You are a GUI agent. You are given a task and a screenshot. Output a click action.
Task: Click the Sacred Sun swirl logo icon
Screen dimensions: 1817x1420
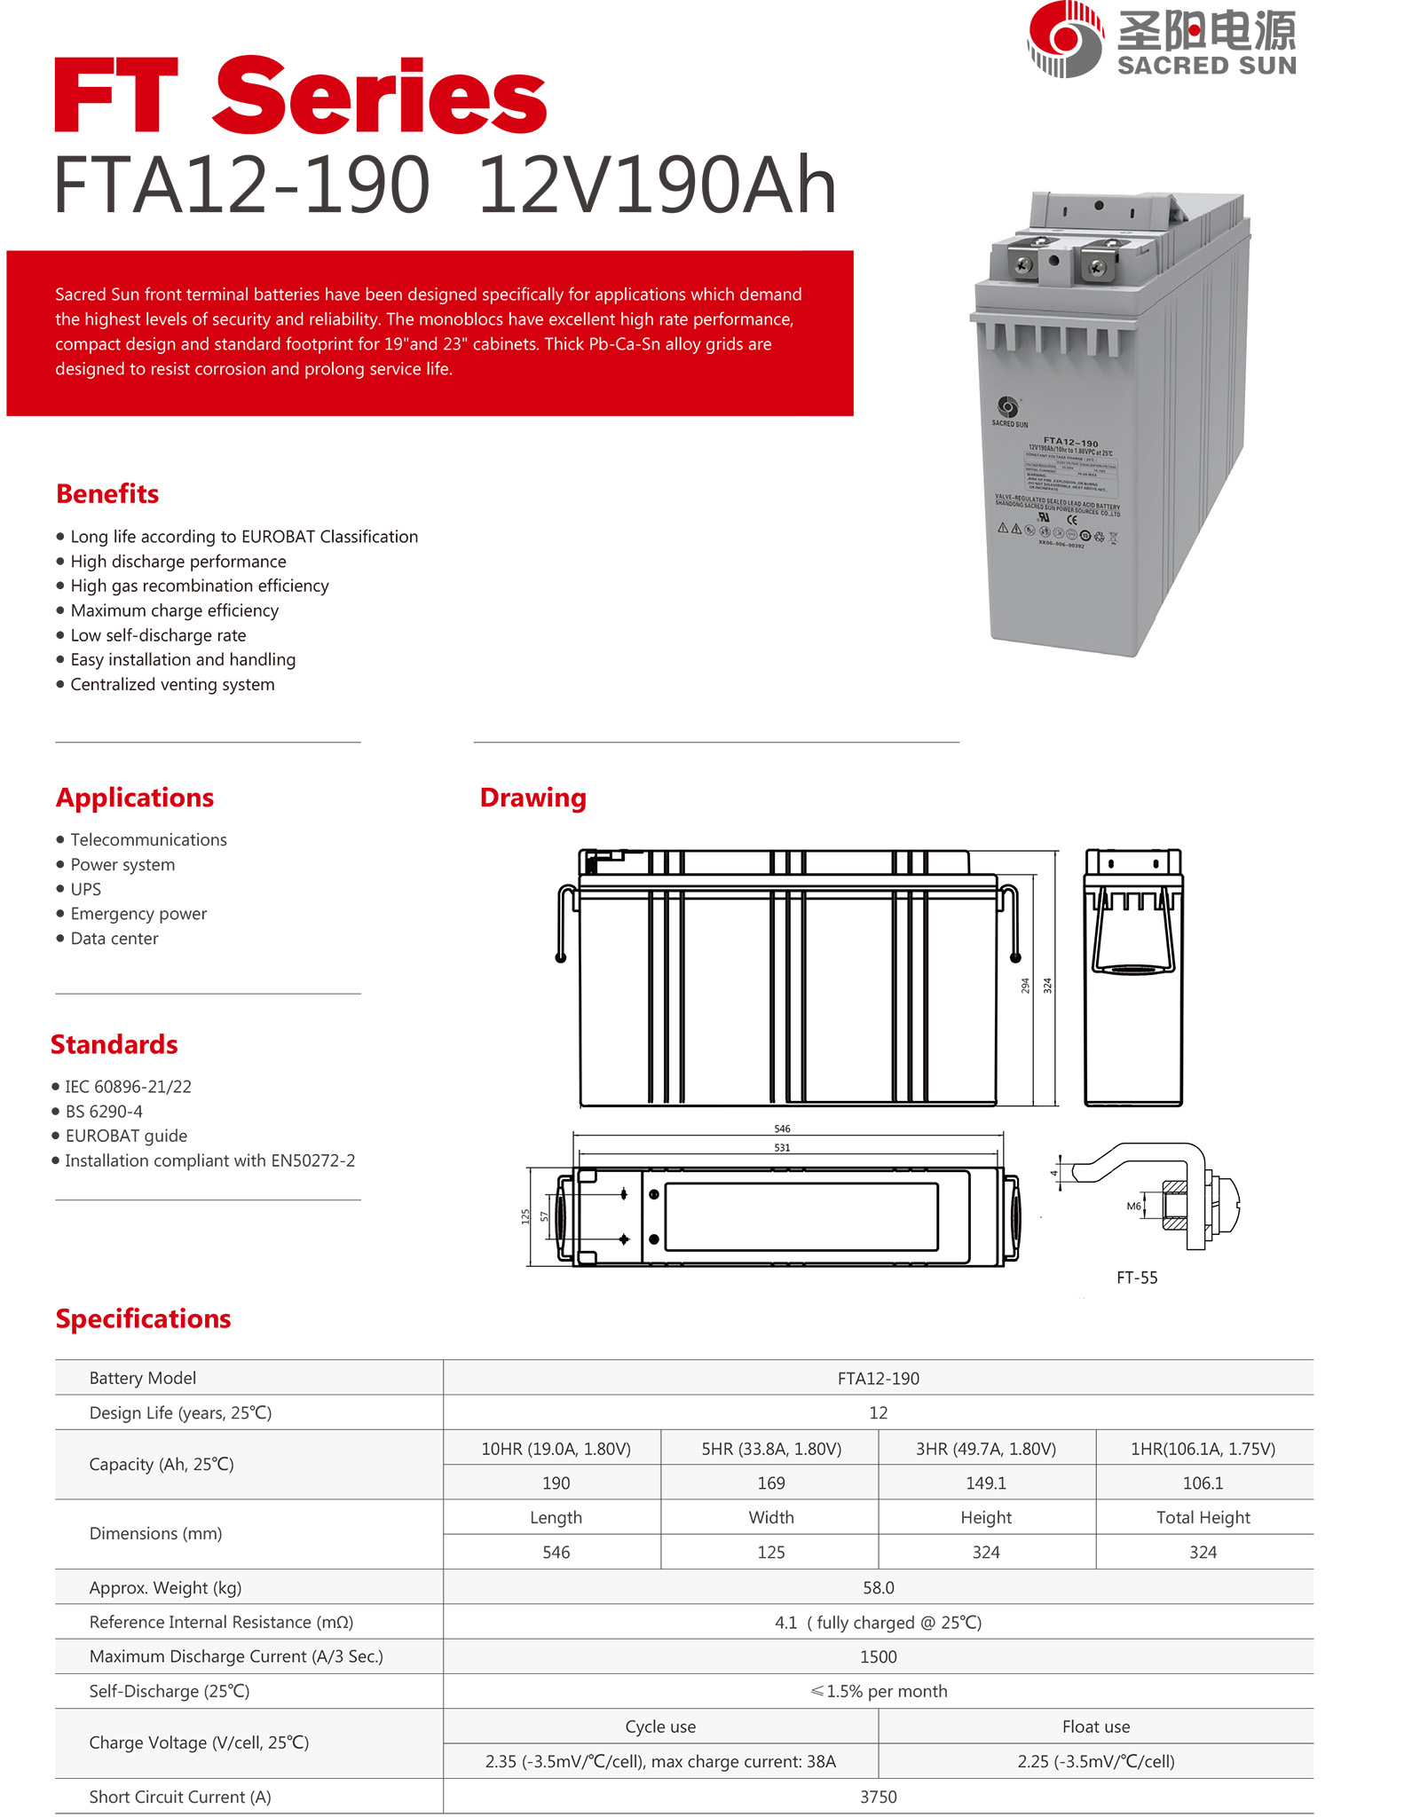coord(1065,39)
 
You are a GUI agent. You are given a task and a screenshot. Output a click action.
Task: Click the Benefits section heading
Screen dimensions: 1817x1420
coord(107,493)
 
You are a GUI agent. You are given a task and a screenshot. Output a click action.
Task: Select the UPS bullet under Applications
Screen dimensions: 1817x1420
coord(85,889)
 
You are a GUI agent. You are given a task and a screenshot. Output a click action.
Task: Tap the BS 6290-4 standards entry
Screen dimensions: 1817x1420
coord(103,1111)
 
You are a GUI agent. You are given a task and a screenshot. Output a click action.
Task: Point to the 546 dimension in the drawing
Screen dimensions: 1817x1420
coord(782,1129)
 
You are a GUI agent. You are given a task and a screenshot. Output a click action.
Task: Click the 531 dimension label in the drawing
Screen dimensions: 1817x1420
coord(782,1147)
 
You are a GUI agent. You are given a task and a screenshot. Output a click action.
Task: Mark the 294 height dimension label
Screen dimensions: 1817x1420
coord(1025,986)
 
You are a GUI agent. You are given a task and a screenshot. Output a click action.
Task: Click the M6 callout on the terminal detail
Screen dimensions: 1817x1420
coord(1133,1206)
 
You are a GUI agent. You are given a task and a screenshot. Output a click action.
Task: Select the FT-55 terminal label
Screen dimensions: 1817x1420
coord(1137,1278)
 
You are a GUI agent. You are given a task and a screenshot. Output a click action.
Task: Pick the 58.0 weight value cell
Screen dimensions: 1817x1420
coord(878,1587)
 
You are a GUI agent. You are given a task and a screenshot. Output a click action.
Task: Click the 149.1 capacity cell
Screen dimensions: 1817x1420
coord(986,1483)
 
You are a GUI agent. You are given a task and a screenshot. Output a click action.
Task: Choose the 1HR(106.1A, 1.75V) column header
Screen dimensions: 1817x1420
coord(1203,1449)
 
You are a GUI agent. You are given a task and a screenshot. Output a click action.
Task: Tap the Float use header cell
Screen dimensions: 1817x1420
coord(1096,1727)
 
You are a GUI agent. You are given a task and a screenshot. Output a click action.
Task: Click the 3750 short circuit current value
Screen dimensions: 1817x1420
coord(878,1797)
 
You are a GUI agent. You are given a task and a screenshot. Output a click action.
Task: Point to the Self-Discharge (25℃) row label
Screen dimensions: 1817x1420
coord(170,1691)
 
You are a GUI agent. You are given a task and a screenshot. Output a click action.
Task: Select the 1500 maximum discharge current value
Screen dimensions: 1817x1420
coord(878,1656)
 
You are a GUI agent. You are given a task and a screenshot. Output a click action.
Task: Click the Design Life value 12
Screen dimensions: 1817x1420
coord(878,1412)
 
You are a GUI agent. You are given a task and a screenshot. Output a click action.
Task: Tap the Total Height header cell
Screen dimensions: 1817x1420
coord(1203,1517)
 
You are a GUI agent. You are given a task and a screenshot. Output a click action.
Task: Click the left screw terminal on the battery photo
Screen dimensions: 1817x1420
coord(1025,264)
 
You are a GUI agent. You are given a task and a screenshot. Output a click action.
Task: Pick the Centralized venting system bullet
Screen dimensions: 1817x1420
coord(172,684)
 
